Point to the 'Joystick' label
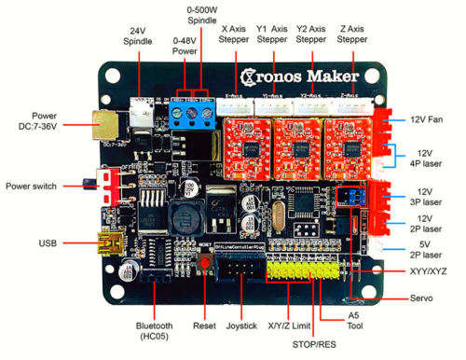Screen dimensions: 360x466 [254, 326]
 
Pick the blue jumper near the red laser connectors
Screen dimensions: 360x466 [351, 195]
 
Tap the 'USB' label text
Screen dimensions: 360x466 [48, 243]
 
